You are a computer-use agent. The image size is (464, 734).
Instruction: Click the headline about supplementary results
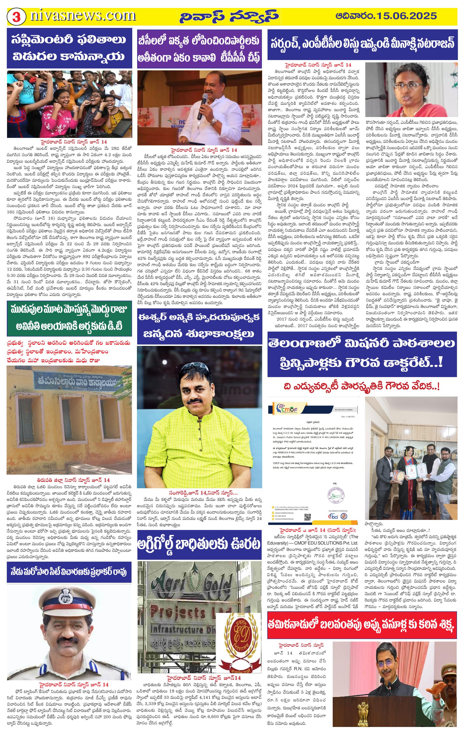69,48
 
